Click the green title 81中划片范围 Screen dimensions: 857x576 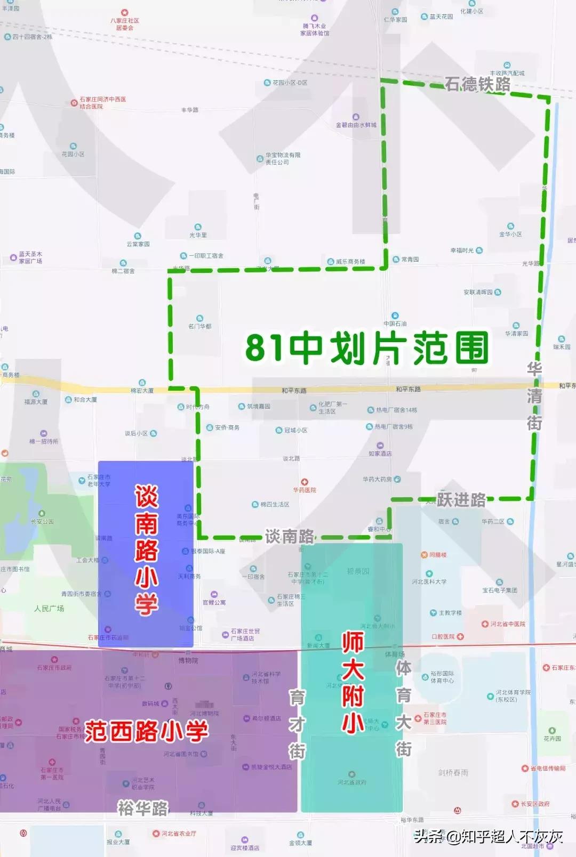pos(367,347)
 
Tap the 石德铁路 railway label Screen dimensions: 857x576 pos(477,84)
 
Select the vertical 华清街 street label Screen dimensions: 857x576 pos(534,395)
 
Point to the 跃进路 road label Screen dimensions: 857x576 pos(461,499)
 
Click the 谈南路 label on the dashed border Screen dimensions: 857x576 pos(290,536)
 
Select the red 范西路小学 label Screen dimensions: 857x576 pos(146,731)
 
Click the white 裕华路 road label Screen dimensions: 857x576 pos(143,808)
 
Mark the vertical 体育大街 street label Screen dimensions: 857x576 pos(404,708)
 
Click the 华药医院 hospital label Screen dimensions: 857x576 pos(305,489)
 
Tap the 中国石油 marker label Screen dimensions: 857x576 pos(395,323)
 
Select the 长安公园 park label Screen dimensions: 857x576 pos(42,521)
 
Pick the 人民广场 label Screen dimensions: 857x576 pos(49,608)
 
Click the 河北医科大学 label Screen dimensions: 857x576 pos(429,581)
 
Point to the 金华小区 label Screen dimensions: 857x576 pos(510,233)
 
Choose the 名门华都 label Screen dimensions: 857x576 pos(199,326)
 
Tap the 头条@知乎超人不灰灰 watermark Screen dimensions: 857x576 pos(488,836)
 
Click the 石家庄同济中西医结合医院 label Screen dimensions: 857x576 pos(102,102)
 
